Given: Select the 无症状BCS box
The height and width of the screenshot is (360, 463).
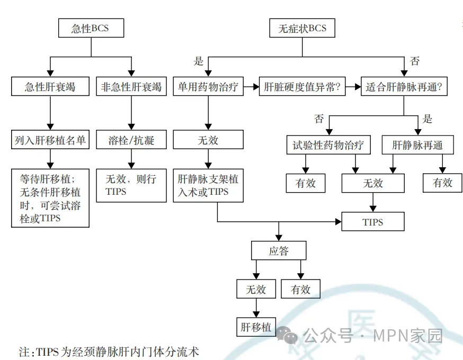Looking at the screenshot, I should [302, 28].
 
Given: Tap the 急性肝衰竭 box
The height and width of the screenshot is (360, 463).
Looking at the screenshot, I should [50, 86].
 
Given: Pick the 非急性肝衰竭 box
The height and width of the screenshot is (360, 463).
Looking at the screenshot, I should [131, 86].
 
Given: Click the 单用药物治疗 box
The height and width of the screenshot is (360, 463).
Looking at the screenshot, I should [208, 87].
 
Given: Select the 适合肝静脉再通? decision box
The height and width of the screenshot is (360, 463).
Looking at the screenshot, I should [404, 87].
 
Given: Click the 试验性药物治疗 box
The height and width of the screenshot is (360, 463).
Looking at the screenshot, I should [328, 145].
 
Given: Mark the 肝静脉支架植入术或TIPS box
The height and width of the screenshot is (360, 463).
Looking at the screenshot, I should [208, 185].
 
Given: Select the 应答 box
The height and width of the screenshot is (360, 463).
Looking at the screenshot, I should [279, 250].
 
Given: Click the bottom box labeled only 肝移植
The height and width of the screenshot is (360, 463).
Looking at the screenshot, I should [256, 327].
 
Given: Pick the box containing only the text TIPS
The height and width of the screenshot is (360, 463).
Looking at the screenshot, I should [373, 222].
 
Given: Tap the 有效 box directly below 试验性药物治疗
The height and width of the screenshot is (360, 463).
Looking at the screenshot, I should [305, 183].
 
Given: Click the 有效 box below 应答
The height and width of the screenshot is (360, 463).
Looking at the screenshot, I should [301, 289].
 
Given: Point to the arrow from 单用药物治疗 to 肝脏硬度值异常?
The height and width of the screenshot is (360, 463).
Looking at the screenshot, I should [251, 87].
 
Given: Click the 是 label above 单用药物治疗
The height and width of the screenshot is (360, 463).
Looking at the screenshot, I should [198, 61].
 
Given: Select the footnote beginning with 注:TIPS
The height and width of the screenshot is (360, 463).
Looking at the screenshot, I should [109, 351].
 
